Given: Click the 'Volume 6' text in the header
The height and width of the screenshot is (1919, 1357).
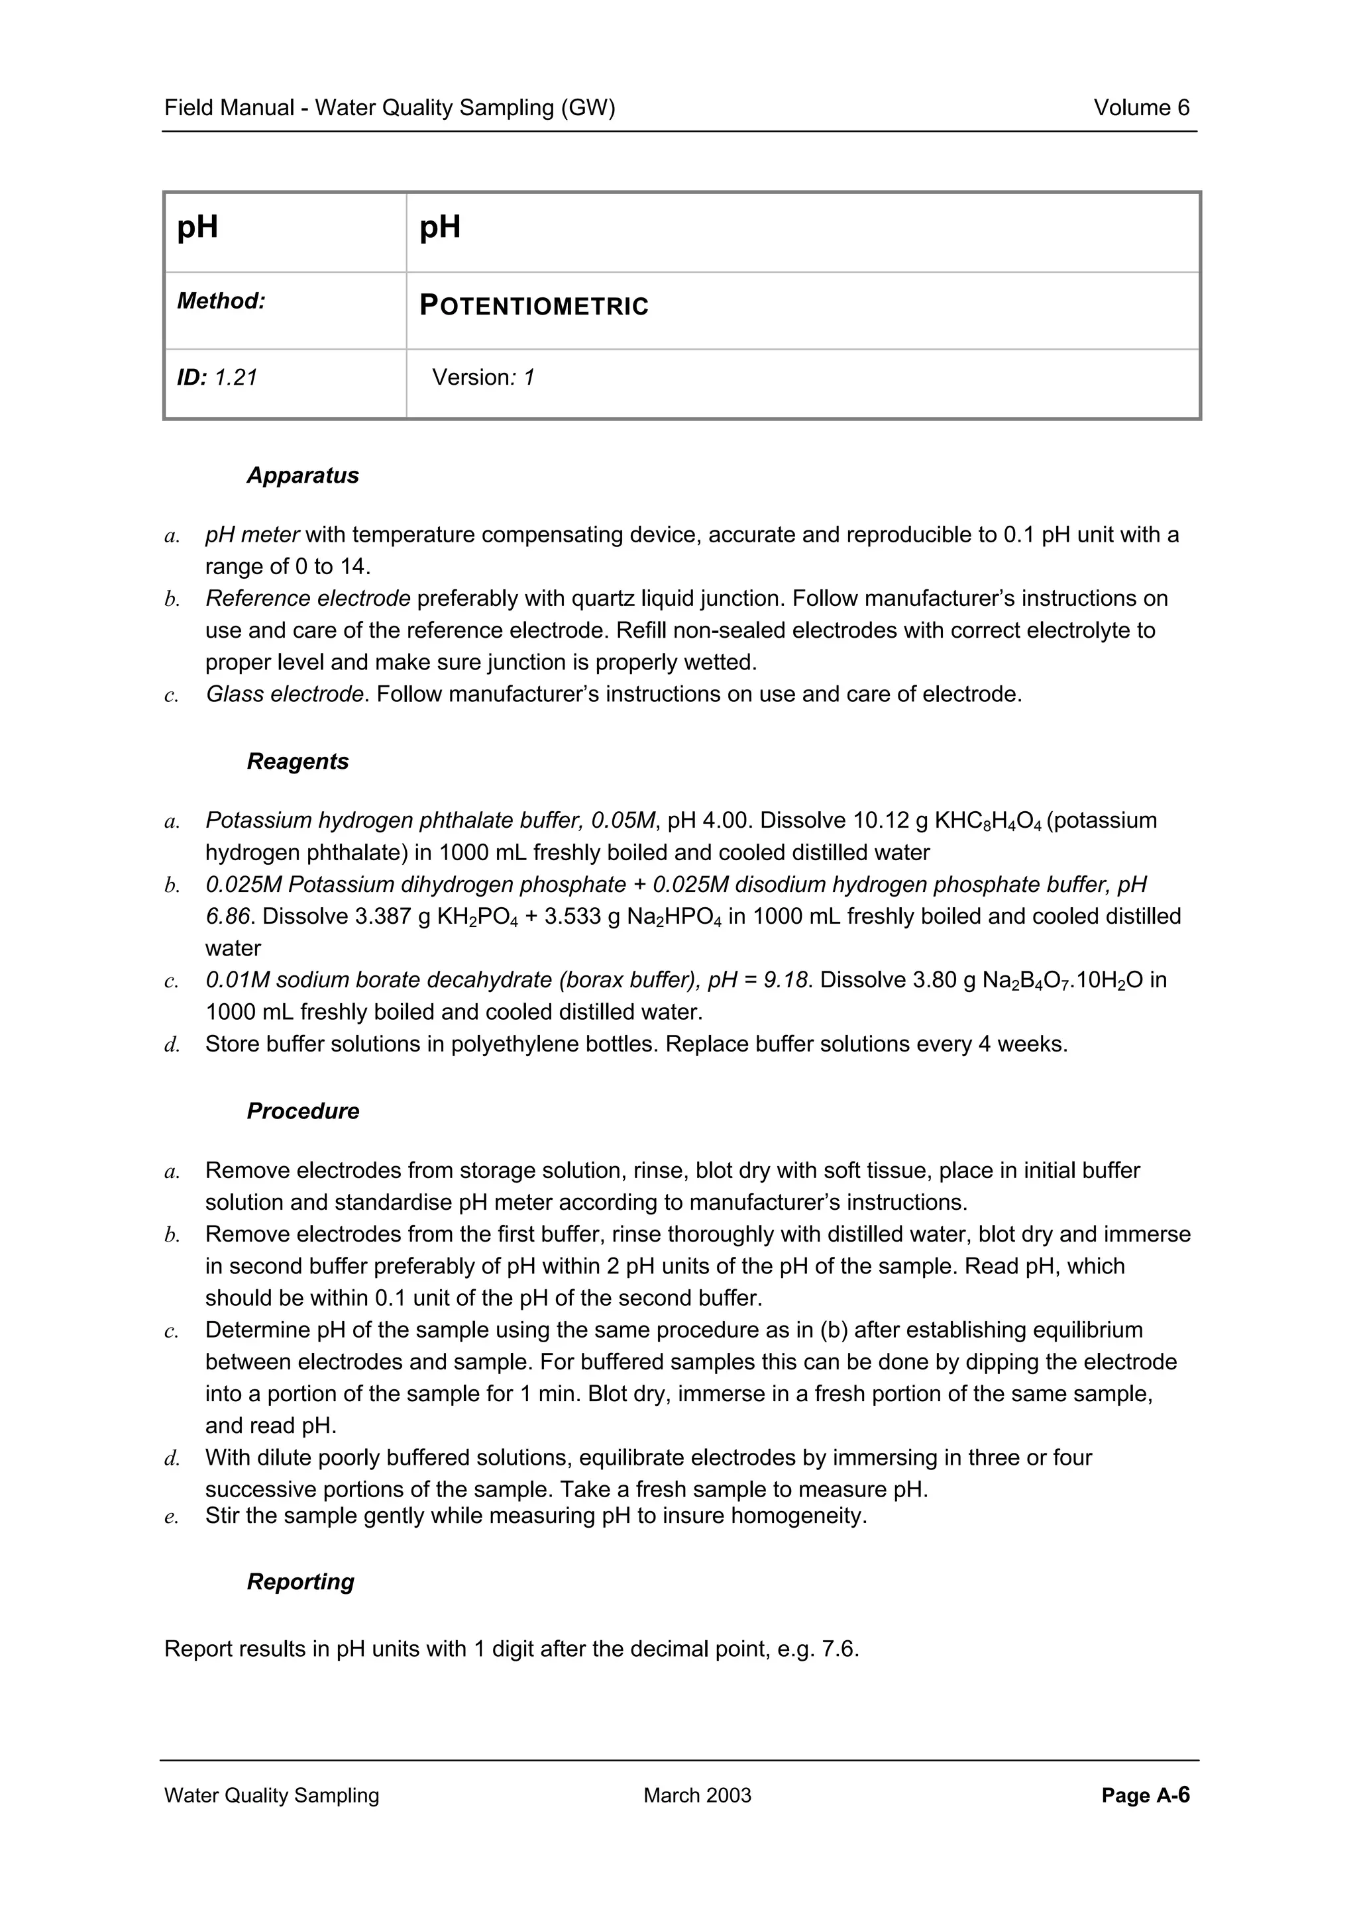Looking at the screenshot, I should point(1140,108).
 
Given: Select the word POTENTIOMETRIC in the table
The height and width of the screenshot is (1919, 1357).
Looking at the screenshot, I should point(533,307).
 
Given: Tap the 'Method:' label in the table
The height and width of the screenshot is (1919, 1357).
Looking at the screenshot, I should point(221,301).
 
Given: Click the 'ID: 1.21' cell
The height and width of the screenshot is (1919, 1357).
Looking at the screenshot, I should point(217,378).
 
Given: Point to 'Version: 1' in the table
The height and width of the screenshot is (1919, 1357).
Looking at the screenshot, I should point(482,378).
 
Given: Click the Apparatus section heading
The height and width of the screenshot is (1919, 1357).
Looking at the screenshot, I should point(303,475).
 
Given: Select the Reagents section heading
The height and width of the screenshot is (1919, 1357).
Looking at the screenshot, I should point(298,762).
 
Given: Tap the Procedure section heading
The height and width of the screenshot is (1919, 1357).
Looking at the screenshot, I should point(303,1112).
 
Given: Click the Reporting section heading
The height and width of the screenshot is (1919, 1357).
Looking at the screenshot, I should point(300,1582).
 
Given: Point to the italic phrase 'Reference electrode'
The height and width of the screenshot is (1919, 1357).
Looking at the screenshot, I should point(307,599).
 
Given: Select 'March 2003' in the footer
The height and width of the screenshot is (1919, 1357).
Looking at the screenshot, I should point(697,1795).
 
